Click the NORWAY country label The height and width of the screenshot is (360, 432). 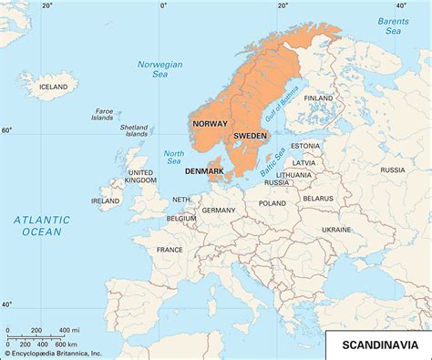tap(209, 122)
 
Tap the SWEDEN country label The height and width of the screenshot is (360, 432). tap(251, 136)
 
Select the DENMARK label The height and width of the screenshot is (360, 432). tap(204, 170)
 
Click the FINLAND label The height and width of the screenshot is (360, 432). tap(319, 98)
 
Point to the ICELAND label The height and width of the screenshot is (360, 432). tap(54, 87)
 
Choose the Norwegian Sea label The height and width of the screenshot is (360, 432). tap(159, 69)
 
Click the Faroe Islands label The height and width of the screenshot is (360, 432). tap(103, 114)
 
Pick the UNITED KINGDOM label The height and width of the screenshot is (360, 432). tap(140, 177)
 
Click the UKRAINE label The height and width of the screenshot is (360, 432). tap(336, 230)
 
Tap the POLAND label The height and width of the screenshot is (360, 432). tap(272, 204)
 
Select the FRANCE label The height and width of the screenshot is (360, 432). tap(169, 249)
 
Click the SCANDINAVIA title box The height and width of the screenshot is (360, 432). tap(380, 345)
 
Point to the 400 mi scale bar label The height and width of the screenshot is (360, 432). tap(68, 329)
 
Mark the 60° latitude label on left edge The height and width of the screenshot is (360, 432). tap(7, 130)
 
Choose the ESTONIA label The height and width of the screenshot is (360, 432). tap(305, 146)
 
